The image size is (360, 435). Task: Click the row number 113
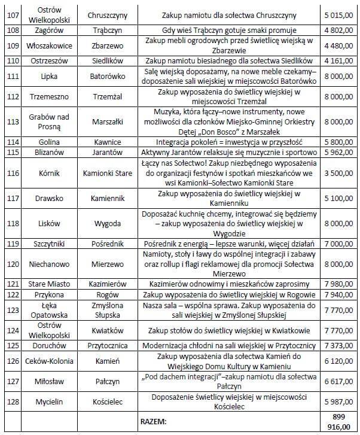point(10,121)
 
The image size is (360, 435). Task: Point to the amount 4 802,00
point(335,29)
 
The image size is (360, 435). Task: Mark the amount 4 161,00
point(335,60)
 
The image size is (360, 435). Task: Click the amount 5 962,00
point(335,152)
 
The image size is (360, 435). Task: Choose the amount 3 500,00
point(335,173)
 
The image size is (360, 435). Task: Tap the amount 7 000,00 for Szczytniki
point(335,244)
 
